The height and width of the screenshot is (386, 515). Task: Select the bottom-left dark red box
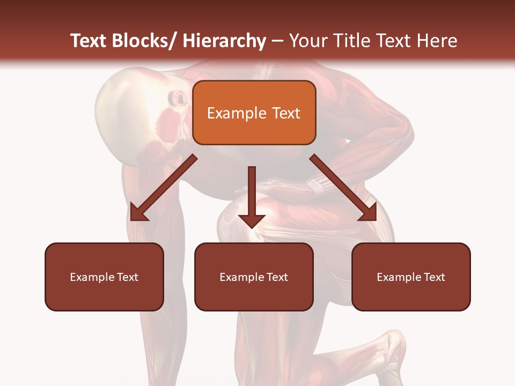pos(104,277)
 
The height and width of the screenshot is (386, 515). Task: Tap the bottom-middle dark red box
pos(254,277)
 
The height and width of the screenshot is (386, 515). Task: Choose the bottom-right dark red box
pos(411,277)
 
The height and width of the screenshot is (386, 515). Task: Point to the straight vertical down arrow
pos(252,198)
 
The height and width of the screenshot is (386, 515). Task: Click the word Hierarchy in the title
pos(224,41)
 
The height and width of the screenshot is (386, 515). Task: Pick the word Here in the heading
pos(437,41)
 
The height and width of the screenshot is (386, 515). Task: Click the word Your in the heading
pos(307,41)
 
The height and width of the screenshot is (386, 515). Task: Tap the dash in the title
pos(277,41)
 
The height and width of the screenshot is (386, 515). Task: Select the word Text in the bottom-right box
pos(434,277)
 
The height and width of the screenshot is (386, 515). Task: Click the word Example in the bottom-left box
pos(92,277)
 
